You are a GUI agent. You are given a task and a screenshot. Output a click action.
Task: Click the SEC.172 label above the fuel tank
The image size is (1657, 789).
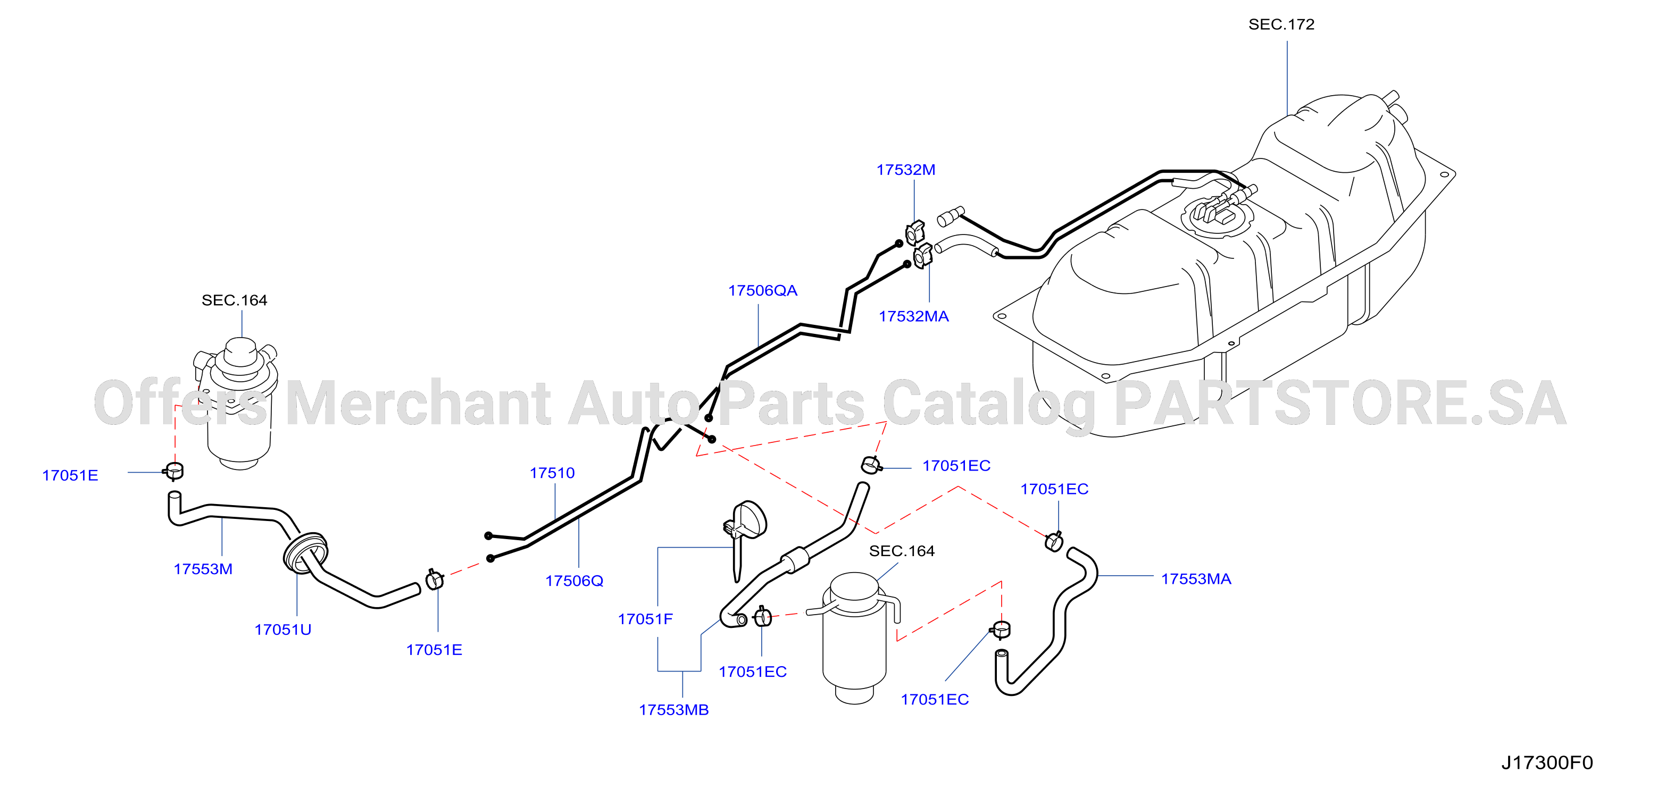tap(1281, 24)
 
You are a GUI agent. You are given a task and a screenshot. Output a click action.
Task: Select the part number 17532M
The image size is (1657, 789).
tap(906, 170)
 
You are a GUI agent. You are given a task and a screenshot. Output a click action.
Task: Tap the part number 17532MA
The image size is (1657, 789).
tap(913, 316)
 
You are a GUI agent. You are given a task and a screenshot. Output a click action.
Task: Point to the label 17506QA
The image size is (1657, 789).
tap(762, 291)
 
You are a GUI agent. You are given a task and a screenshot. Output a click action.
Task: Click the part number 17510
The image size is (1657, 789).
tap(552, 473)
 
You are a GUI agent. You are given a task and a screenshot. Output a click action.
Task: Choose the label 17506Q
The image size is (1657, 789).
tap(574, 581)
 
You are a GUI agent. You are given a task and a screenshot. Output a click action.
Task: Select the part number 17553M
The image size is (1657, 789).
tap(203, 569)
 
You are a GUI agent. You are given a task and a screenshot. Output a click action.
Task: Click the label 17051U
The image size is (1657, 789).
tap(282, 629)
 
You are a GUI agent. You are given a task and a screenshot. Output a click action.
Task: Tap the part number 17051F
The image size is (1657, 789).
tap(645, 619)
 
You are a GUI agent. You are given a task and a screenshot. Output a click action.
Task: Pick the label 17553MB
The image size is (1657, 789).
tap(673, 710)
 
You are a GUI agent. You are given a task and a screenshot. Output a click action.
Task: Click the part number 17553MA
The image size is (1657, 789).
tap(1196, 579)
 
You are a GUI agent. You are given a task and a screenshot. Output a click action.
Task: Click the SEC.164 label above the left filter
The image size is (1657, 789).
tap(234, 300)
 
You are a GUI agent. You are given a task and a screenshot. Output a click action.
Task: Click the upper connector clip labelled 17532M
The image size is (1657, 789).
tap(915, 232)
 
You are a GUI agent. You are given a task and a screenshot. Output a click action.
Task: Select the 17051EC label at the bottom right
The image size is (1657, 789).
tap(935, 700)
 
